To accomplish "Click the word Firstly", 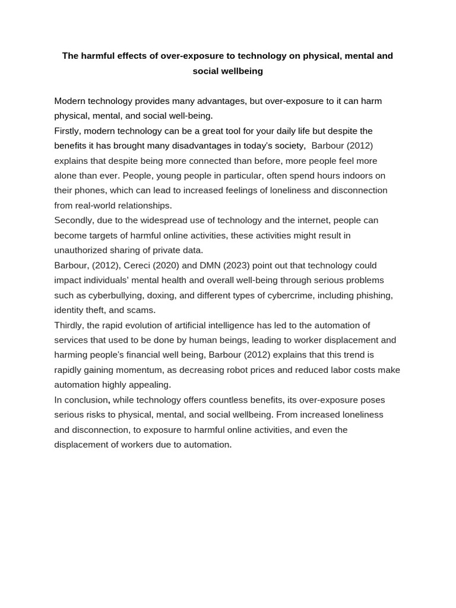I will [x=69, y=131].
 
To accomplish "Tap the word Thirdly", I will [x=71, y=325].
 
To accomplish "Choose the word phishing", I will [x=373, y=295].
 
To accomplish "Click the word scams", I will [x=141, y=310].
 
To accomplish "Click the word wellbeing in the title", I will [x=240, y=71].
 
